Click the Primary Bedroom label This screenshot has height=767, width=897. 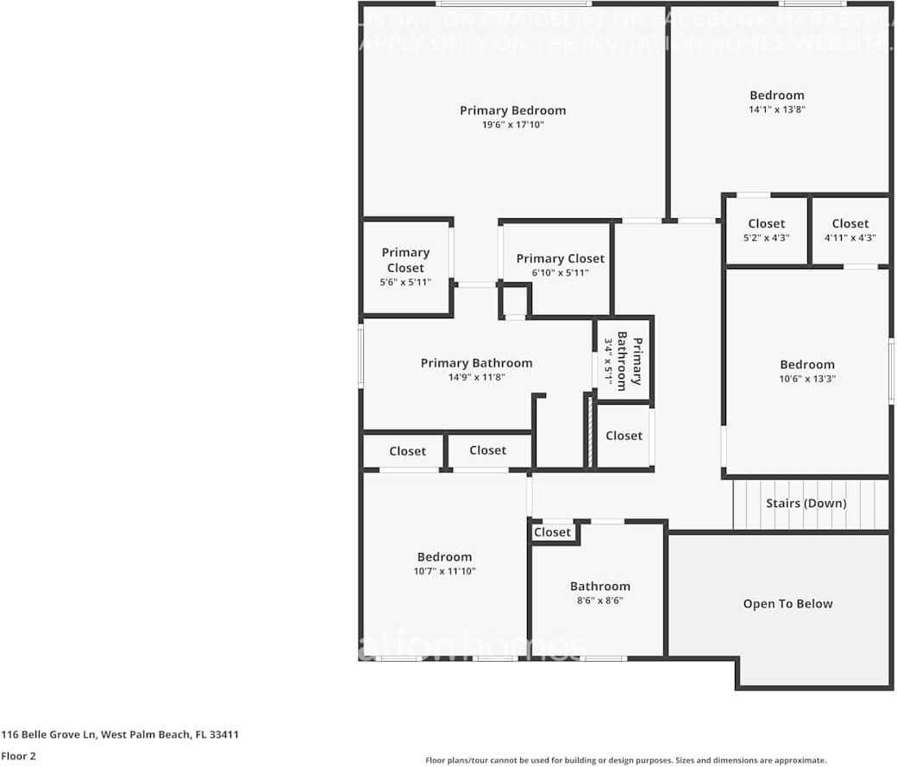[x=512, y=110]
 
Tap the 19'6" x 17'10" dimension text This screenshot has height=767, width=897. [x=512, y=125]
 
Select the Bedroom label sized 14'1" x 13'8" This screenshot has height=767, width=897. [x=776, y=96]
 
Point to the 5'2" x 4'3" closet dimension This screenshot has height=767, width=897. [x=766, y=238]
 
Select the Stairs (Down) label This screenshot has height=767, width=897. [x=806, y=503]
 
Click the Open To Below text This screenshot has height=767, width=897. [x=787, y=604]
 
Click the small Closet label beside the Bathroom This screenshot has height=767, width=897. [x=552, y=532]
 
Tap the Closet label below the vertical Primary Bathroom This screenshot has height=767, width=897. [x=624, y=436]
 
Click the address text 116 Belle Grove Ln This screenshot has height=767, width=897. [x=119, y=735]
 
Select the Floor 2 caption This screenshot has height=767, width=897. [x=18, y=756]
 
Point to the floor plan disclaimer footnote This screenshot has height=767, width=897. [x=625, y=760]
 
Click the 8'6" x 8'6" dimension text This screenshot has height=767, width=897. [x=599, y=601]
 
